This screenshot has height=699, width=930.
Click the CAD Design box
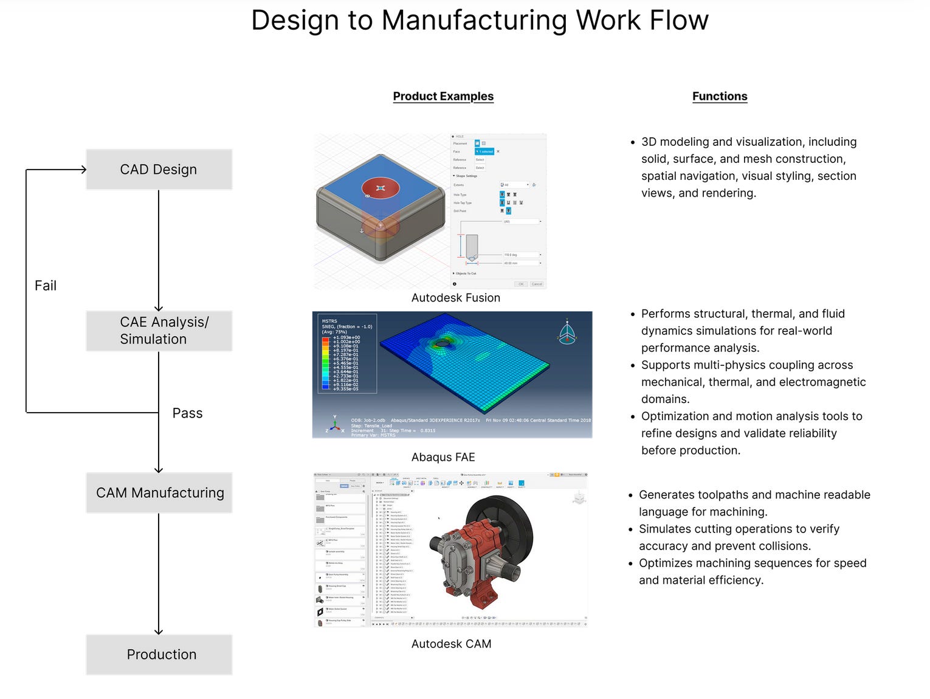click(x=159, y=170)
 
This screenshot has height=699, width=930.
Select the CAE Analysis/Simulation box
click(x=159, y=331)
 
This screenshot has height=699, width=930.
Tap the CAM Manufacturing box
click(x=159, y=493)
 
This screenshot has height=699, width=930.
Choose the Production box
click(x=159, y=655)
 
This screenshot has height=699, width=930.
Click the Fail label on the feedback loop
click(x=46, y=286)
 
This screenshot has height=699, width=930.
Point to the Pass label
click(x=187, y=413)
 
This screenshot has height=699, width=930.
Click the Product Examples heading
click(x=443, y=96)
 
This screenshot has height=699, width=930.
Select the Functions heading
click(x=720, y=96)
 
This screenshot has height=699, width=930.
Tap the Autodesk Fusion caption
click(x=455, y=298)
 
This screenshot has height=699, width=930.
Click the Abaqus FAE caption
click(x=443, y=457)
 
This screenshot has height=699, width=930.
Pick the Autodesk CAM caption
click(x=451, y=644)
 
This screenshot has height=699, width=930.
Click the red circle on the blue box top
click(x=381, y=188)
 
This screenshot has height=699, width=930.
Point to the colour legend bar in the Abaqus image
click(x=325, y=362)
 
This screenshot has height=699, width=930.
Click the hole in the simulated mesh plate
click(x=443, y=343)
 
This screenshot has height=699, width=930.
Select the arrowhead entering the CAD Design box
click(x=83, y=170)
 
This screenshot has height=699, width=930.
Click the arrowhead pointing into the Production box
click(x=159, y=632)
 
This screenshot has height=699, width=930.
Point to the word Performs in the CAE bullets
click(x=666, y=314)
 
